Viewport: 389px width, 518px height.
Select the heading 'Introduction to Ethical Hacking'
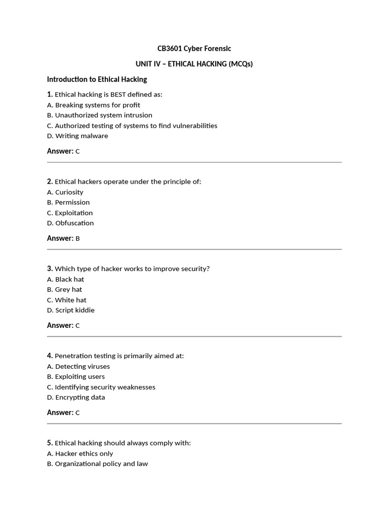pos(97,79)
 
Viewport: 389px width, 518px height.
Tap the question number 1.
pos(50,94)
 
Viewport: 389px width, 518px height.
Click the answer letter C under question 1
pos(77,151)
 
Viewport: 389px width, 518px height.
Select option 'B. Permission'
pos(68,202)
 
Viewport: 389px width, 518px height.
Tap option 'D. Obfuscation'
pos(70,223)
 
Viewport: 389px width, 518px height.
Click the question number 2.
pos(50,181)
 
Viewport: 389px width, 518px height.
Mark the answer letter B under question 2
pos(77,238)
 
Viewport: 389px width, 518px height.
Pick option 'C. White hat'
pos(67,300)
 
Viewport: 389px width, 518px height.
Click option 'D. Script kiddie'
pos(71,310)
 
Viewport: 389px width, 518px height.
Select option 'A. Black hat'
pos(66,279)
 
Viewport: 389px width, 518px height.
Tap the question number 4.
pos(50,356)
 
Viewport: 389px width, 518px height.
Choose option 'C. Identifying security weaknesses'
pos(101,387)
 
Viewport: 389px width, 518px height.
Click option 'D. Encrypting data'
pos(76,397)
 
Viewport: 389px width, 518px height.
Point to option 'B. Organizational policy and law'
pos(98,464)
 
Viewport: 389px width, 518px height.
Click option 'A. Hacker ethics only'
pos(80,454)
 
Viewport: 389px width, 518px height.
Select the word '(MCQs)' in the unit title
pos(241,64)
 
